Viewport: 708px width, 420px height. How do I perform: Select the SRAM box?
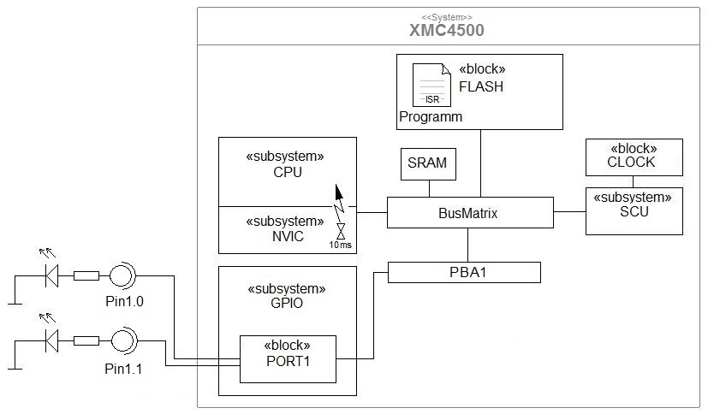428,163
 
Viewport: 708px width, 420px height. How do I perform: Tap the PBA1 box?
465,272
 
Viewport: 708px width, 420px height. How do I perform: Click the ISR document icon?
431,85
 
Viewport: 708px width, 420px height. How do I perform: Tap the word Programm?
431,116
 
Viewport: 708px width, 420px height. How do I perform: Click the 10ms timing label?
341,245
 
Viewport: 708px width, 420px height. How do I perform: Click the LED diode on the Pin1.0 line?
51,275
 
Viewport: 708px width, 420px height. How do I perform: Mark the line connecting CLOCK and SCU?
633,181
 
